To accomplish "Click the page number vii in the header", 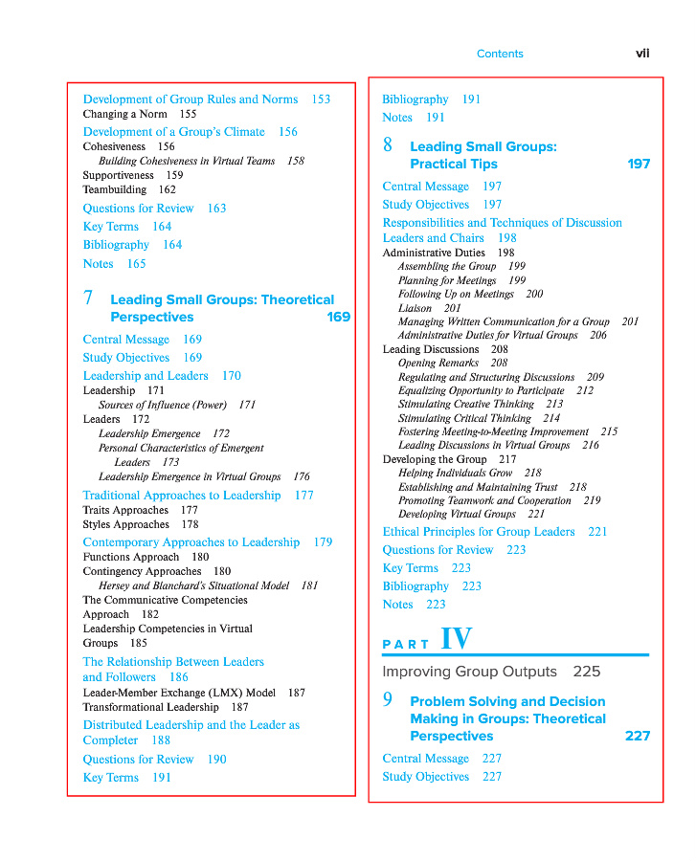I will pyautogui.click(x=642, y=54).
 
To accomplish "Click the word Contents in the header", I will pyautogui.click(x=500, y=55).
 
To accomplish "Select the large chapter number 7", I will pyautogui.click(x=88, y=299).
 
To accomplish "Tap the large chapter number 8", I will pyautogui.click(x=388, y=145).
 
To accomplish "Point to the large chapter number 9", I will pyautogui.click(x=388, y=700).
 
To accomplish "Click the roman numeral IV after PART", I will pyautogui.click(x=456, y=639).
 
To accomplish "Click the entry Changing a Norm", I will pyautogui.click(x=124, y=114).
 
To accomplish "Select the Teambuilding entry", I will pyautogui.click(x=115, y=189).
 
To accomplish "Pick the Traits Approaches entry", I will pyautogui.click(x=125, y=510).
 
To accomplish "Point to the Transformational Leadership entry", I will pyautogui.click(x=151, y=707).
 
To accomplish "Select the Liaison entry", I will pyautogui.click(x=415, y=308).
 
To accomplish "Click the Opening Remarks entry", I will pyautogui.click(x=438, y=364).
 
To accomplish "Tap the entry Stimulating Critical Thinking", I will pyautogui.click(x=464, y=418).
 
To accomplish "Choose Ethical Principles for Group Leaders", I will pyautogui.click(x=479, y=532).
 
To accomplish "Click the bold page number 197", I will pyautogui.click(x=639, y=165).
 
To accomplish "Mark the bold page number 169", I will pyautogui.click(x=338, y=318).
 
